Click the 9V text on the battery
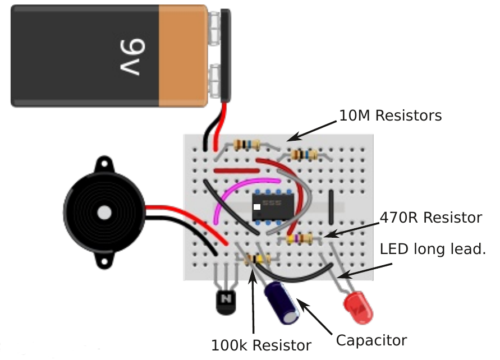132,56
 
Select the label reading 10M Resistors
391,116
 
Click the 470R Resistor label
430,217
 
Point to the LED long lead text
433,248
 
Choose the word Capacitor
371,340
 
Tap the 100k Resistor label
261,345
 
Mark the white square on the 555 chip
257,207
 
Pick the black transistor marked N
226,301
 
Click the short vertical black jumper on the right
332,208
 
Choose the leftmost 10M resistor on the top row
247,145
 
